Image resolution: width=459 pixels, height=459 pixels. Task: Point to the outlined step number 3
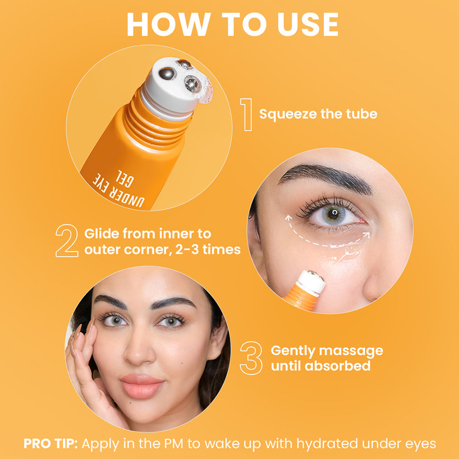click(251, 358)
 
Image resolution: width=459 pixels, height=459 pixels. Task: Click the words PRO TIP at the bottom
click(51, 444)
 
